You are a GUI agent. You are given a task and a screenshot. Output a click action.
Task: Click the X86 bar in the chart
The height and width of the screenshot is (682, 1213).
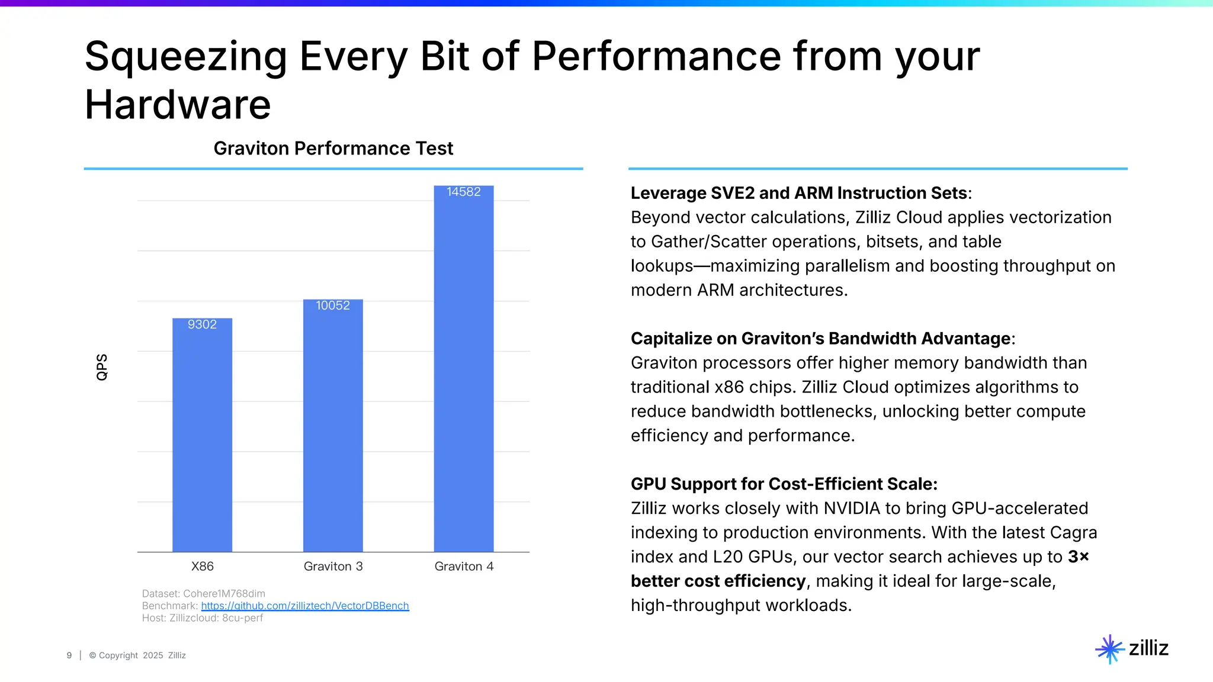click(x=202, y=438)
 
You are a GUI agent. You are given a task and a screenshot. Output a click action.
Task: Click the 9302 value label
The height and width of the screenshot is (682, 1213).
click(x=202, y=324)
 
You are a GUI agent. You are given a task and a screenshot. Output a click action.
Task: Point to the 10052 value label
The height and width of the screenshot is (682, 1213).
click(x=333, y=305)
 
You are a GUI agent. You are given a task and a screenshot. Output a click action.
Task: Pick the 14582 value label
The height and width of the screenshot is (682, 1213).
click(x=464, y=192)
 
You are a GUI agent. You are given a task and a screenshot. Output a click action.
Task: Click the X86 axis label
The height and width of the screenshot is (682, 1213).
click(x=202, y=567)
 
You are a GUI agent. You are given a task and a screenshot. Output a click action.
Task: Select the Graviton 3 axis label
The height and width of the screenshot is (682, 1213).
click(x=333, y=567)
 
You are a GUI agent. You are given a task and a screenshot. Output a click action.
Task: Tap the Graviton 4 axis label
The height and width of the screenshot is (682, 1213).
click(x=464, y=567)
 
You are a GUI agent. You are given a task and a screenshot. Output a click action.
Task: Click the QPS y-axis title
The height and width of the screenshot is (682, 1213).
click(x=102, y=367)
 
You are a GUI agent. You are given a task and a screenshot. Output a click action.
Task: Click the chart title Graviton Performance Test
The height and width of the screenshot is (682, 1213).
click(x=333, y=149)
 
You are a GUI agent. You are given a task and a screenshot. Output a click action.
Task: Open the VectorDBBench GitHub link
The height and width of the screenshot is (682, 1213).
click(x=305, y=606)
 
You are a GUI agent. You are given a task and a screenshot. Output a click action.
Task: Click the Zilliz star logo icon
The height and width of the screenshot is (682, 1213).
click(x=1109, y=649)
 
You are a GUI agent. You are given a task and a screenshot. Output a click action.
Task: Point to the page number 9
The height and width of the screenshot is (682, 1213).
click(x=69, y=655)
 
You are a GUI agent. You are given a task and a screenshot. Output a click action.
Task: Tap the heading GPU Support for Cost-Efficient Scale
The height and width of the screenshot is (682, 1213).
click(x=784, y=484)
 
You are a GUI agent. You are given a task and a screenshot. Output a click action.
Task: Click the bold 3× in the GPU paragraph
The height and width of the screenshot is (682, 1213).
click(x=1079, y=557)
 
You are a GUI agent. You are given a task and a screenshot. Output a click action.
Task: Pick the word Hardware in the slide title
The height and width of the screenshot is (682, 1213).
click(x=178, y=105)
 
